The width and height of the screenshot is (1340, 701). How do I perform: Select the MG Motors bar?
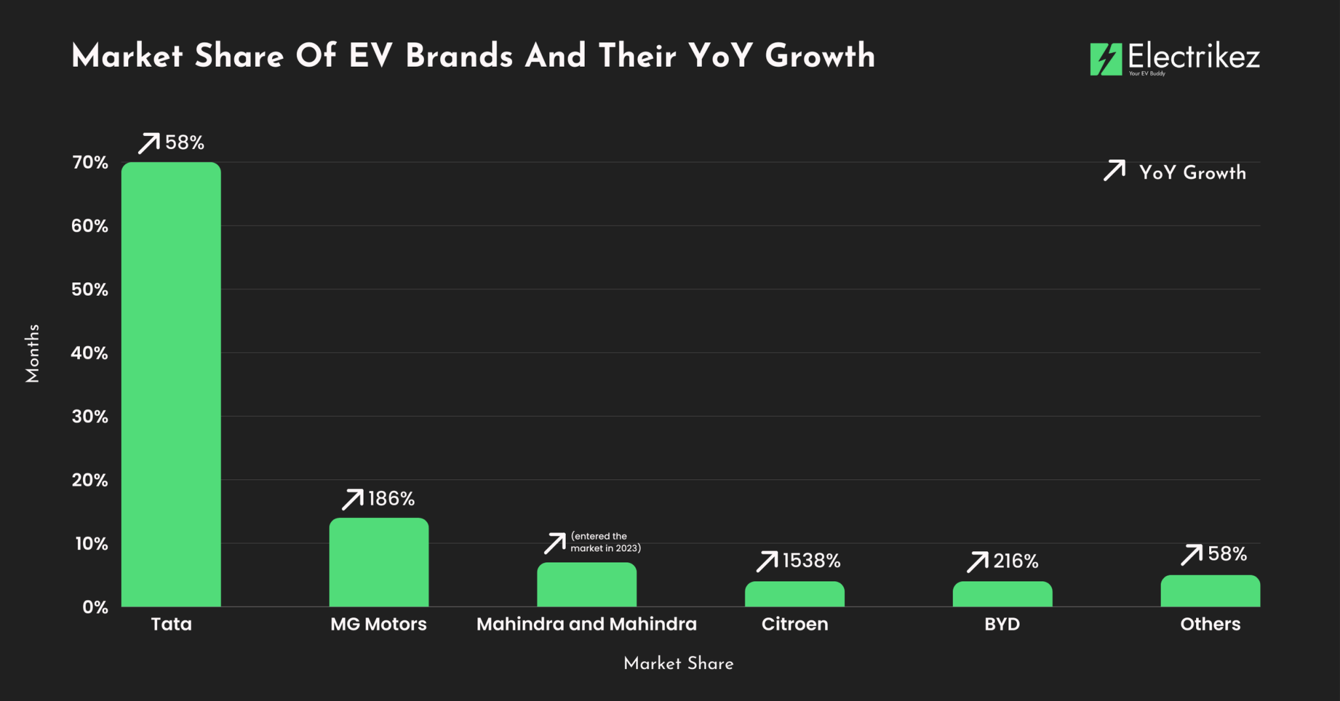coord(379,562)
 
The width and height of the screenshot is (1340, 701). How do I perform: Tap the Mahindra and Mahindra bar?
coord(586,584)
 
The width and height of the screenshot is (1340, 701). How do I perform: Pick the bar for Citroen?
coord(794,594)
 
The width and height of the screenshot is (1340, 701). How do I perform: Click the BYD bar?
coord(1002,594)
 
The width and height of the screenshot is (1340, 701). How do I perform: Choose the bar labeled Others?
coord(1210,591)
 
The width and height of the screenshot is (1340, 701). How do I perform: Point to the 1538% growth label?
coord(811,561)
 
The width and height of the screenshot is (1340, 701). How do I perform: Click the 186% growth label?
coord(391,499)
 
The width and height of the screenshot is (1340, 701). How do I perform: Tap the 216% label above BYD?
coord(1015,561)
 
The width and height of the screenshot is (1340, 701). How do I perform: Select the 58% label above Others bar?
coord(1227,554)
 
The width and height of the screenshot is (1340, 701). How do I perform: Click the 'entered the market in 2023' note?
coord(605,542)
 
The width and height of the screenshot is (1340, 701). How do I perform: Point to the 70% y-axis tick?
coord(90,162)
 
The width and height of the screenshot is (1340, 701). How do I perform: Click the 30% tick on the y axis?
coord(90,416)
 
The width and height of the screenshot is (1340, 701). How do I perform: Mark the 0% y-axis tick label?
coord(96,607)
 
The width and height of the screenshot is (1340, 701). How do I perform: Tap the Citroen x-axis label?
coord(794,624)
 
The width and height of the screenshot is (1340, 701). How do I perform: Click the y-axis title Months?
coord(33,353)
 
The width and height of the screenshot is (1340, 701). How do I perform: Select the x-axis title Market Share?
coord(679,663)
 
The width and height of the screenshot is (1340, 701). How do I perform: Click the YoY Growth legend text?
coord(1192,172)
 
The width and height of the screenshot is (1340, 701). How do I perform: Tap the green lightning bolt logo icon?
coord(1105,60)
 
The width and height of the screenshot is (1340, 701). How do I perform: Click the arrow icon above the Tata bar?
coord(149,143)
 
